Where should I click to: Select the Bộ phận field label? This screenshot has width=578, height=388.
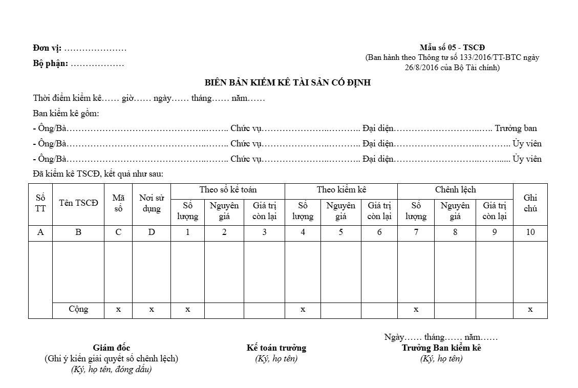(x=51, y=64)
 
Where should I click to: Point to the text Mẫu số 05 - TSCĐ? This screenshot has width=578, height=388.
(x=452, y=48)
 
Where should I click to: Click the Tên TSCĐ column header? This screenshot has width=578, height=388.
(x=78, y=203)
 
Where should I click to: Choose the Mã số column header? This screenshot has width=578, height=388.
(x=118, y=203)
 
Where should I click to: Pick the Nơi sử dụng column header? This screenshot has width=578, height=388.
(x=152, y=203)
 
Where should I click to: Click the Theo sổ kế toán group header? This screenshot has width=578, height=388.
(x=228, y=190)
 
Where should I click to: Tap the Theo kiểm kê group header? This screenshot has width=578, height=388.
(x=341, y=190)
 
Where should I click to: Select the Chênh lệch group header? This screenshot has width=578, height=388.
(x=455, y=190)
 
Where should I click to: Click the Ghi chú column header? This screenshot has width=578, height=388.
(x=530, y=203)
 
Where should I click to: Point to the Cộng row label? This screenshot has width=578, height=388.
(x=78, y=309)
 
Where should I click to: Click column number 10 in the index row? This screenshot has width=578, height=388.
(x=530, y=232)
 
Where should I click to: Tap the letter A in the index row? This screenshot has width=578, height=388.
(x=40, y=232)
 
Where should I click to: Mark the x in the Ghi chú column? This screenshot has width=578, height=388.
(x=530, y=309)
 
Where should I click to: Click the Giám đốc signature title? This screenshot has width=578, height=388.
(x=112, y=348)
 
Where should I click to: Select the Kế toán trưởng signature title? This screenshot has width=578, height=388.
(x=276, y=348)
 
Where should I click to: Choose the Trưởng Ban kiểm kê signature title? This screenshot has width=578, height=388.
(x=441, y=348)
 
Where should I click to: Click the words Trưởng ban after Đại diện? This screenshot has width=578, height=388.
(x=516, y=128)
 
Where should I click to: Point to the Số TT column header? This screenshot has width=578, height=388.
(x=40, y=203)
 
